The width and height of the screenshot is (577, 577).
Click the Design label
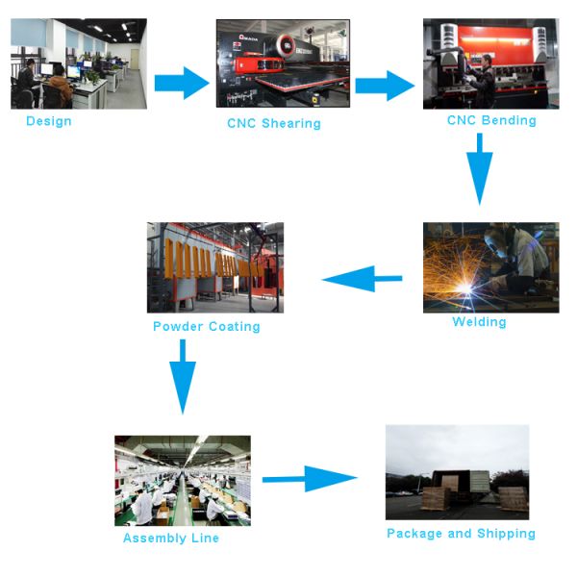48,121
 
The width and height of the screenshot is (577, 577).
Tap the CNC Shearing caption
274,123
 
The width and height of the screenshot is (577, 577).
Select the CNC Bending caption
491,120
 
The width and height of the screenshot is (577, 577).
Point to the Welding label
479,322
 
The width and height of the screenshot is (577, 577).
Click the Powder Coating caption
207,326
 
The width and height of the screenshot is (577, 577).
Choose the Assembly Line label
171,539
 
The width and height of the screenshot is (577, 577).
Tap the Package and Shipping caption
461,533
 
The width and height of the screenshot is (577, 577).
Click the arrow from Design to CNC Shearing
181,83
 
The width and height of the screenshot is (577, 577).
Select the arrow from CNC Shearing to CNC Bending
385,85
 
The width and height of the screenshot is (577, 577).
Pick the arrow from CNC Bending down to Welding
480,168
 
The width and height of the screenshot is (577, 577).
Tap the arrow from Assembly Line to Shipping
310,478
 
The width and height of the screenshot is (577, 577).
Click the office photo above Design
79,63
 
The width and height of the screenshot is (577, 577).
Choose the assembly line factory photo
183,480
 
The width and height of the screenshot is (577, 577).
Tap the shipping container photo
457,472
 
